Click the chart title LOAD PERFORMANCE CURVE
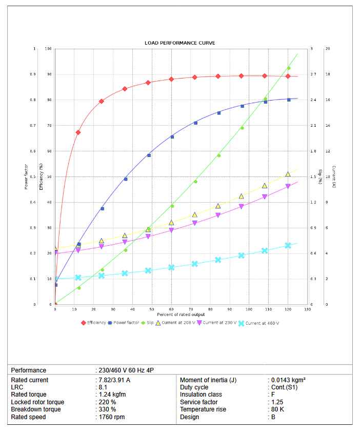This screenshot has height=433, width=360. coord(180,43)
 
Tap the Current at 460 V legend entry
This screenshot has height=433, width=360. coord(262,323)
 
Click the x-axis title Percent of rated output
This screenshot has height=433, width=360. coord(181,314)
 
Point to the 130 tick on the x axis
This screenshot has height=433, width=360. coord(307,309)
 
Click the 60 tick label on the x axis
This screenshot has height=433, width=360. coord(171,309)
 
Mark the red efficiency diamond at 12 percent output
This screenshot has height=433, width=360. coord(78,132)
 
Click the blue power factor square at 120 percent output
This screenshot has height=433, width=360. coord(289,100)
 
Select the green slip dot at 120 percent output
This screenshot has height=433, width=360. coord(289,68)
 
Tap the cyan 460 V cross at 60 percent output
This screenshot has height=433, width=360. coord(171,267)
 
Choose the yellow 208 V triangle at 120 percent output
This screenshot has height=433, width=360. coord(288,174)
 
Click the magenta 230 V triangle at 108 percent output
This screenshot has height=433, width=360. coord(265,197)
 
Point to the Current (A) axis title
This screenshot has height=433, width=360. coord(334,176)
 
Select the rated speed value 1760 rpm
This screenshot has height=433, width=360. coord(111,417)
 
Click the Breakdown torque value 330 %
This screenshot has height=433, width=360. coord(107,409)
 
